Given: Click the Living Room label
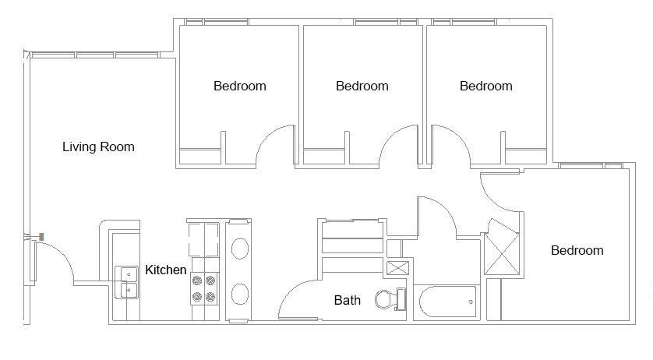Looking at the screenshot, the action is pyautogui.click(x=98, y=147).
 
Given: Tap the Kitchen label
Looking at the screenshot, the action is pyautogui.click(x=165, y=270).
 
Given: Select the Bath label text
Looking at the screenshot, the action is pyautogui.click(x=348, y=300).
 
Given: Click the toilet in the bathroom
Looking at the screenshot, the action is pyautogui.click(x=390, y=299).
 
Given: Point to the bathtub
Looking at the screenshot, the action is pyautogui.click(x=447, y=302).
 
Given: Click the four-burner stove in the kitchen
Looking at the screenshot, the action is pyautogui.click(x=204, y=288).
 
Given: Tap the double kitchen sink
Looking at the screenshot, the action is pyautogui.click(x=126, y=283).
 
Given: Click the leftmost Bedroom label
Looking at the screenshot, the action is pyautogui.click(x=240, y=86).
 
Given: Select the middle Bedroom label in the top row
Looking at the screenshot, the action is pyautogui.click(x=362, y=86).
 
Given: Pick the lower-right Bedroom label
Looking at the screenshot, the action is pyautogui.click(x=577, y=250).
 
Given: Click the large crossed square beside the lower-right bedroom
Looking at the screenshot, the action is pyautogui.click(x=502, y=254).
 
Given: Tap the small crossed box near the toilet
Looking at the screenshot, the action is pyautogui.click(x=397, y=268).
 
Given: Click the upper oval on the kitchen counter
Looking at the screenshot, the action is pyautogui.click(x=240, y=249).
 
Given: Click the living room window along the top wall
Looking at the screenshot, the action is pyautogui.click(x=95, y=55).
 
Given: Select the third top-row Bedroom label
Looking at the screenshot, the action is pyautogui.click(x=486, y=86).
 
